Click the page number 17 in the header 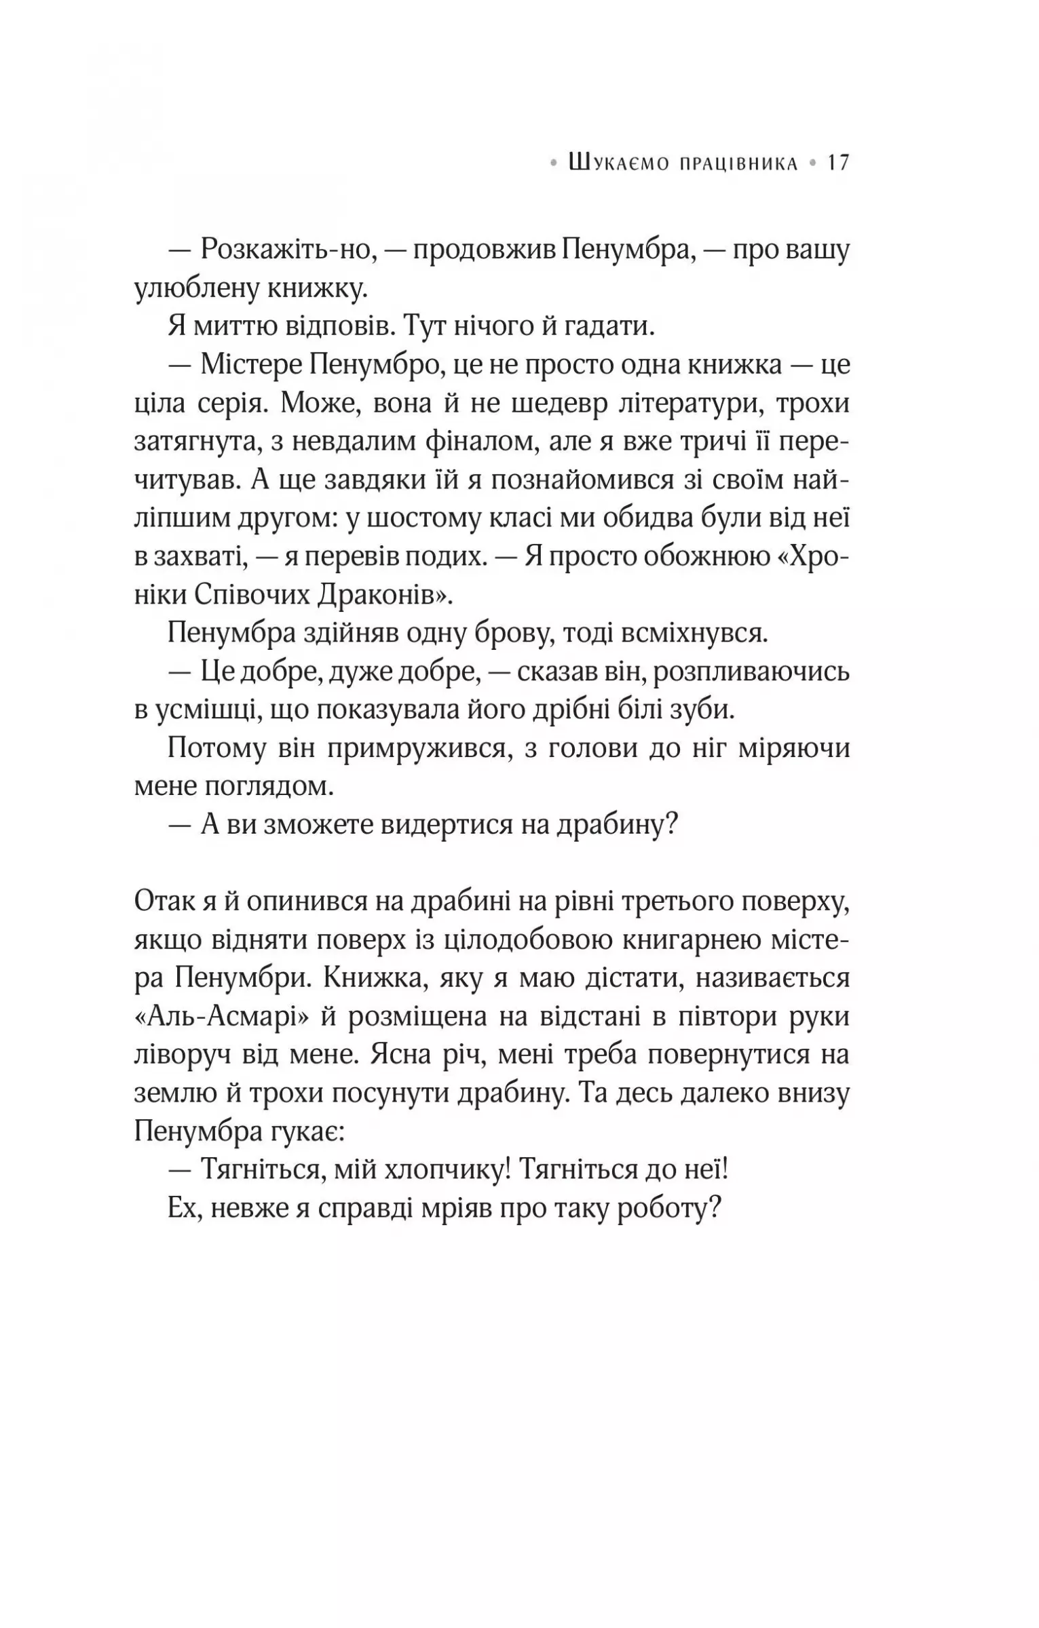click(838, 163)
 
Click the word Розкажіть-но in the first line click(286, 251)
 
